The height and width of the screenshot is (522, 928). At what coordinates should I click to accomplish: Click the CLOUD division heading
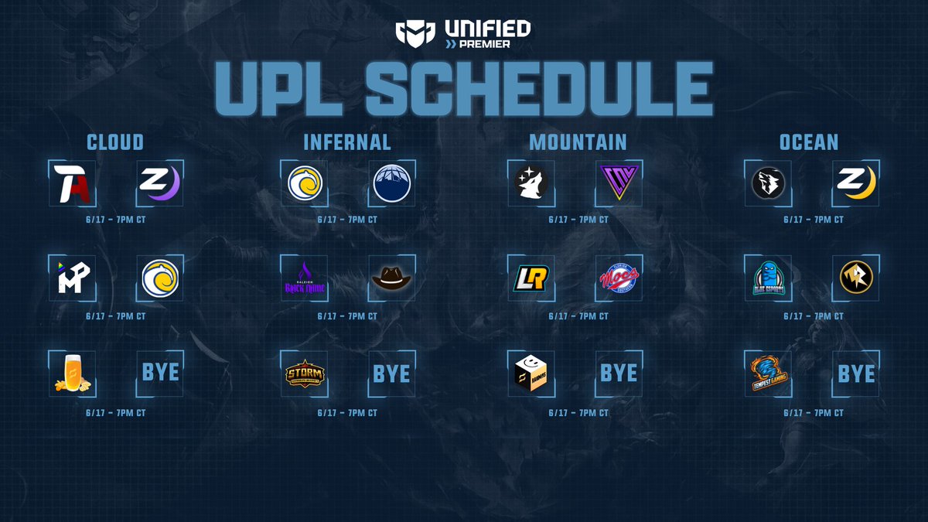pos(115,142)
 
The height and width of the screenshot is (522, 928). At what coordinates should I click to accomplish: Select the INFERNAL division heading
pos(347,142)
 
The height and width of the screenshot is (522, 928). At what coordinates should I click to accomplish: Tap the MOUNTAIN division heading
pos(578,142)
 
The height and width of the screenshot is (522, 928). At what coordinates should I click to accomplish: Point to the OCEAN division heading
pos(810,142)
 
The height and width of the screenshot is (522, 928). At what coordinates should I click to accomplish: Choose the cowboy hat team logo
pos(392,278)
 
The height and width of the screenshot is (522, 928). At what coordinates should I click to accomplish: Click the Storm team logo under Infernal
pos(304,374)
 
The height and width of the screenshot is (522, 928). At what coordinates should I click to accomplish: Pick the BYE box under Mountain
pos(619,374)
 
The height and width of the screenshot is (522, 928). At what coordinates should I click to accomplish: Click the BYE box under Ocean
pos(856,374)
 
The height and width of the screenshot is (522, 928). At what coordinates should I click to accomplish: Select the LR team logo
pos(531,278)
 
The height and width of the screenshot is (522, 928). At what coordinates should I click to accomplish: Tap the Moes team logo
pos(619,278)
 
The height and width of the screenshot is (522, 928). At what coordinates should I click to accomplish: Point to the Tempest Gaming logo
pos(768,374)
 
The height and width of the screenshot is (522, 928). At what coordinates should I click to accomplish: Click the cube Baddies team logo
pos(531,374)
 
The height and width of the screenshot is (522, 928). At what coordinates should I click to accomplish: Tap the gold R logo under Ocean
pos(856,278)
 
